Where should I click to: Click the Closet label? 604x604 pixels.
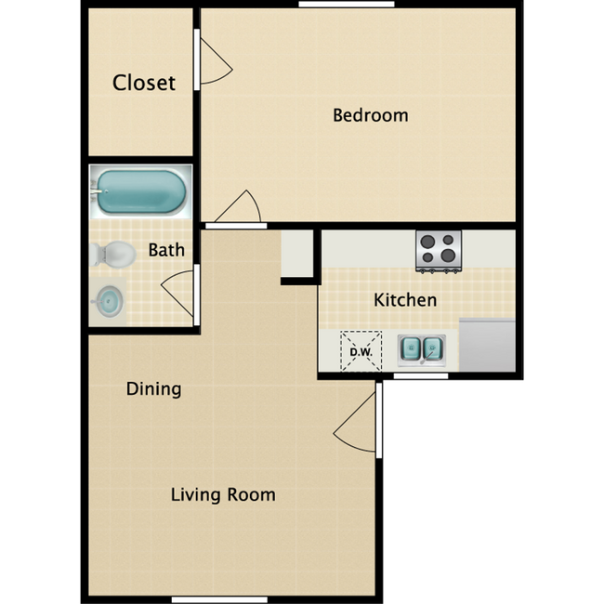tap(143, 83)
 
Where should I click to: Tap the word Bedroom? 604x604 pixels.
tap(370, 115)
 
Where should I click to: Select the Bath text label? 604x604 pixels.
tap(166, 250)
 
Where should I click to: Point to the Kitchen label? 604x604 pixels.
tap(404, 300)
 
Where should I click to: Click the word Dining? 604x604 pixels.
tap(153, 388)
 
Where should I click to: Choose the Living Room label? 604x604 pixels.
tap(223, 494)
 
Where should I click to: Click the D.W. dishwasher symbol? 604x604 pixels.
tap(361, 350)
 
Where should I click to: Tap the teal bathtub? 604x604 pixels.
tap(140, 190)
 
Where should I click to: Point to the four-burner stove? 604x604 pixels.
tap(438, 250)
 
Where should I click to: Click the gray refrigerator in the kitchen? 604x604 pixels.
tap(487, 345)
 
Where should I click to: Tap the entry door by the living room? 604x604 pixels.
tap(358, 425)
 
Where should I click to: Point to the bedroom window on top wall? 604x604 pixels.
tap(346, 5)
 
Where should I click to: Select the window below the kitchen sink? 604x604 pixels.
tap(420, 375)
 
